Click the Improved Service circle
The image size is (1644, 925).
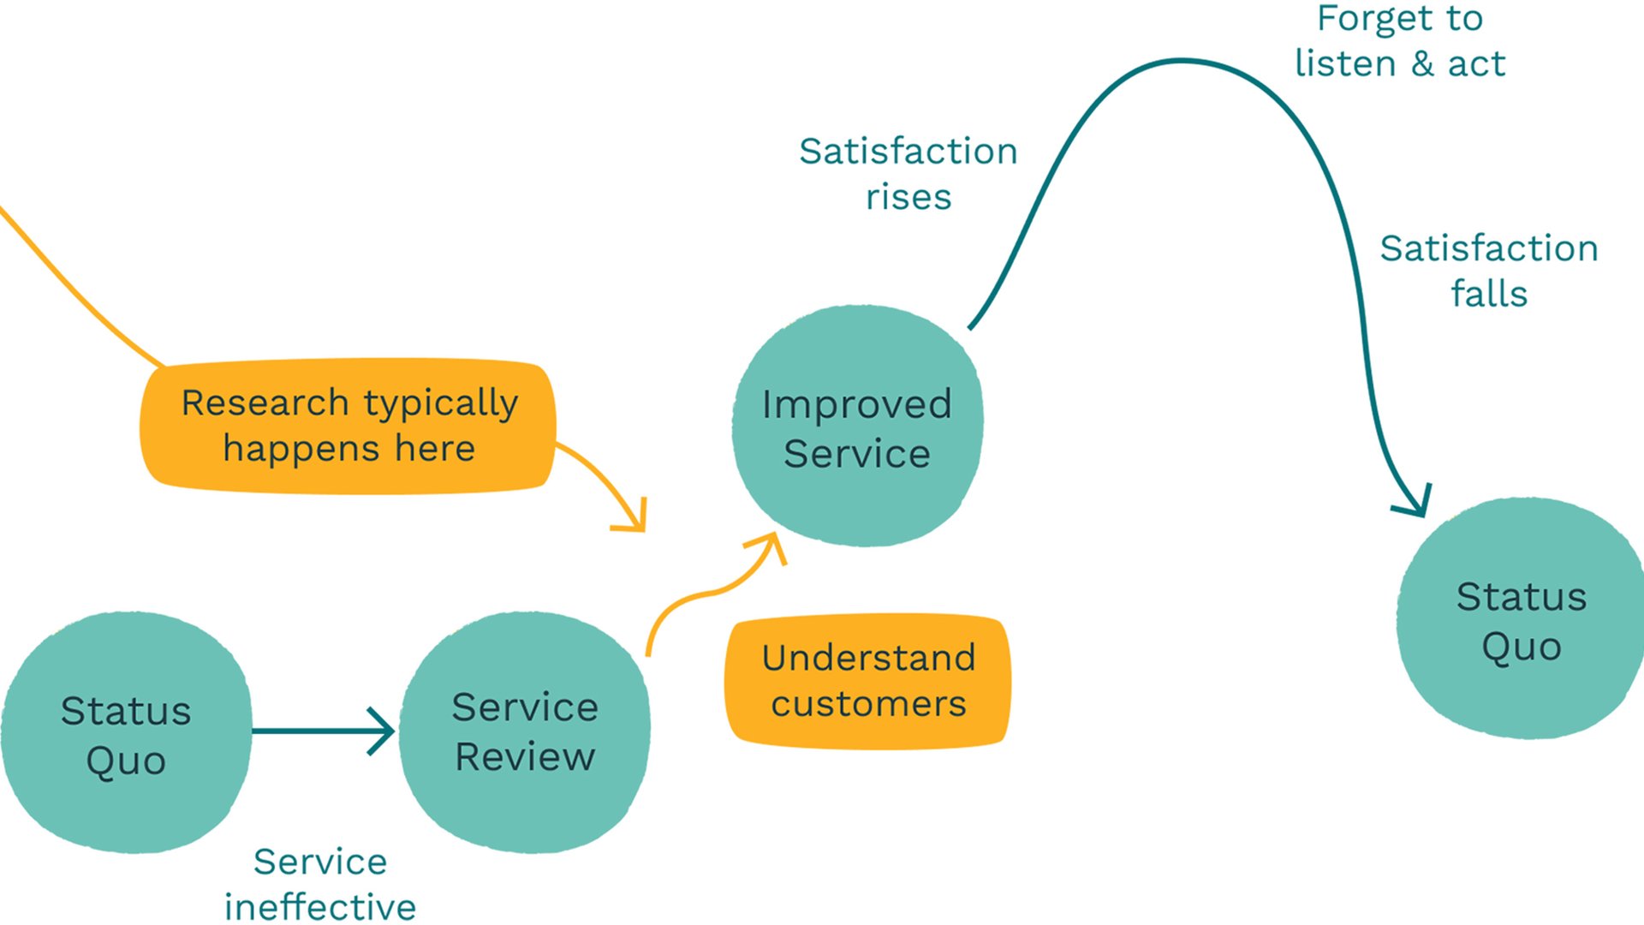[857, 426]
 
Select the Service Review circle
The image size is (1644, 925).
[524, 732]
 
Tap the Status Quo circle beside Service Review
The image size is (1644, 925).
[126, 733]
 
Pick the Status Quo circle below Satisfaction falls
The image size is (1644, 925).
[1521, 618]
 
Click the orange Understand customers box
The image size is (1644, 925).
[867, 681]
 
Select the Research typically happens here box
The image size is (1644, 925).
[348, 426]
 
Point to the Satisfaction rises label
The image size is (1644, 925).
[908, 174]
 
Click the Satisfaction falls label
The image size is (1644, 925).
[1488, 271]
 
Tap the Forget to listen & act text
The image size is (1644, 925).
[1399, 41]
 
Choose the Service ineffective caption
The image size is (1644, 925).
[320, 884]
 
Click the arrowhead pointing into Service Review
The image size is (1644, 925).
[382, 731]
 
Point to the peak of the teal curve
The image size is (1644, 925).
[1183, 61]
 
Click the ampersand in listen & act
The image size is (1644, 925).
[1422, 64]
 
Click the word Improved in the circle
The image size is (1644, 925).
[856, 403]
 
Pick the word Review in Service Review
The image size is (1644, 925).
[524, 756]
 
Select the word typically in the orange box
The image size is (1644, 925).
[441, 403]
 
